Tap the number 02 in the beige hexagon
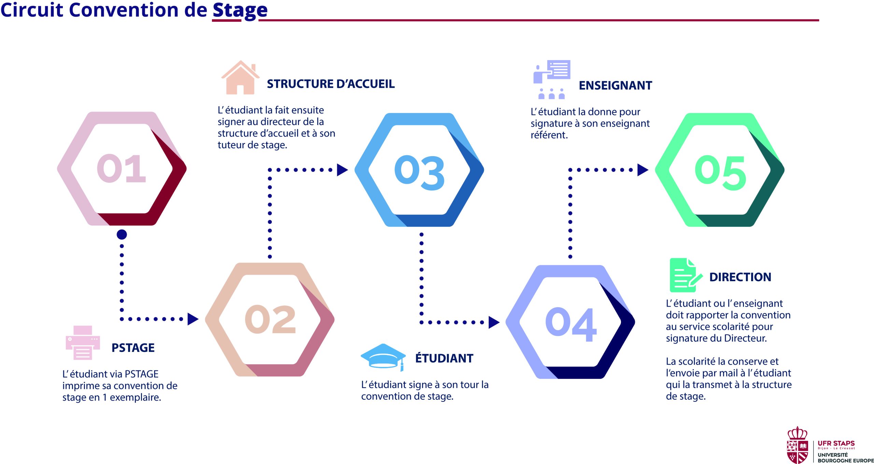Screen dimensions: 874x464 pos(270,319)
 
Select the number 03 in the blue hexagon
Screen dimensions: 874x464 pos(420,173)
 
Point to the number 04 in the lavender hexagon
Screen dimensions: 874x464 pos(571,324)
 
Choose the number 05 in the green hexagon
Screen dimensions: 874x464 pos(720,173)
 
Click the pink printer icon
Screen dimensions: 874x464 pos(83,343)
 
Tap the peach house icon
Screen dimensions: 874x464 pos(240,78)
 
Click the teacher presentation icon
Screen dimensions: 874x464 pos(552,80)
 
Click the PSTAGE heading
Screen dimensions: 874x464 pos(133,348)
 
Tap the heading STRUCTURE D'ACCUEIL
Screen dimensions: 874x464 pos(330,84)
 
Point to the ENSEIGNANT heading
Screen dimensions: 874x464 pos(615,85)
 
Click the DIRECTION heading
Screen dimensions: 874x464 pos(740,277)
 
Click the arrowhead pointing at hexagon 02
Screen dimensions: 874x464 pos(193,319)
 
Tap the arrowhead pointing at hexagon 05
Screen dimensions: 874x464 pos(643,170)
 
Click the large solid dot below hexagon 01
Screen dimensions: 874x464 pos(122,234)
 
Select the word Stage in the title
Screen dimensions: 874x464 pos(240,10)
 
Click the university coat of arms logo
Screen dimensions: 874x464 pos(797,445)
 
